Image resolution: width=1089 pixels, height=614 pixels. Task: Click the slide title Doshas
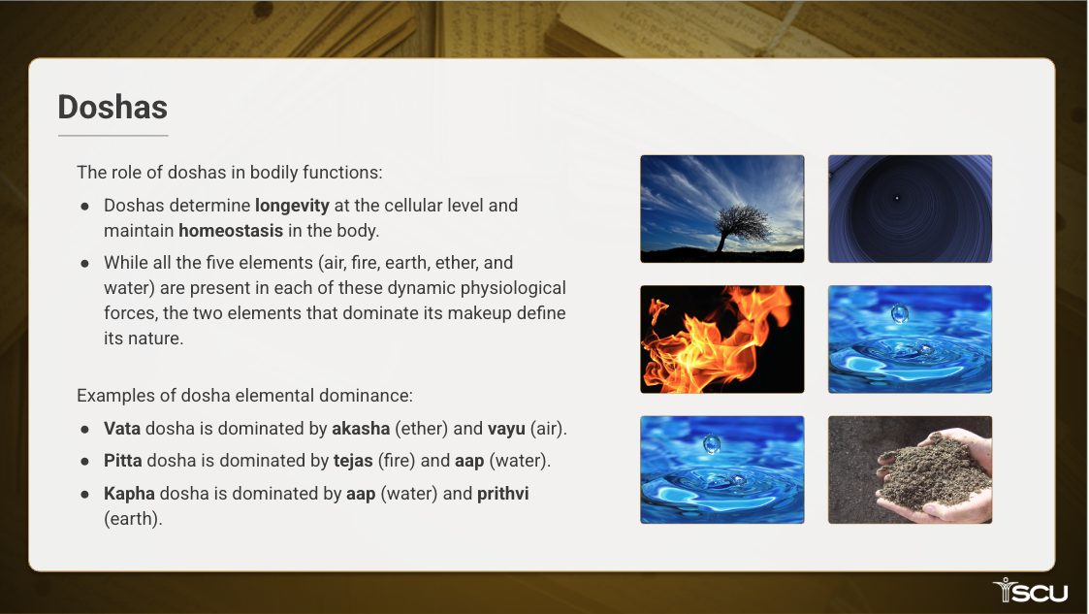point(112,107)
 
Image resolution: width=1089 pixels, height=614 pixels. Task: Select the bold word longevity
point(292,206)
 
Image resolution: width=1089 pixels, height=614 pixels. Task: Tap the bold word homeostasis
point(231,231)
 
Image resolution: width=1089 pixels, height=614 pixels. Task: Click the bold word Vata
point(122,429)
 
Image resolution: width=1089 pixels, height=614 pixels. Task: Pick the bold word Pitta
point(123,461)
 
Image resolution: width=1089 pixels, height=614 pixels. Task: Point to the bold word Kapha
point(129,494)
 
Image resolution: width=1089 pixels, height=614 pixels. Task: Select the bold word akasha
point(361,429)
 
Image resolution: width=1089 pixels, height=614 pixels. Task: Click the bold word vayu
point(506,430)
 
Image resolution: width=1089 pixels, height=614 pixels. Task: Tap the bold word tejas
point(353,461)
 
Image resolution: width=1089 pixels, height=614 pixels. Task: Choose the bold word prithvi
point(503,494)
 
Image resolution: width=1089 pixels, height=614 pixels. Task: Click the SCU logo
point(1031,591)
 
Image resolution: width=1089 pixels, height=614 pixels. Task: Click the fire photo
point(722,339)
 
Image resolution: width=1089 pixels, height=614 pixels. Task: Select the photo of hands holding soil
point(910,469)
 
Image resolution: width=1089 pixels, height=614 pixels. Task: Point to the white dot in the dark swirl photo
point(897,198)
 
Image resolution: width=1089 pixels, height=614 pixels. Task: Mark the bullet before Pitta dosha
point(84,461)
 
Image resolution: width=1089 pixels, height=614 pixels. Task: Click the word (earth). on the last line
point(133,519)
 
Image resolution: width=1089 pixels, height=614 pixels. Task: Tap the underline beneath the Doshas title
point(113,136)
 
